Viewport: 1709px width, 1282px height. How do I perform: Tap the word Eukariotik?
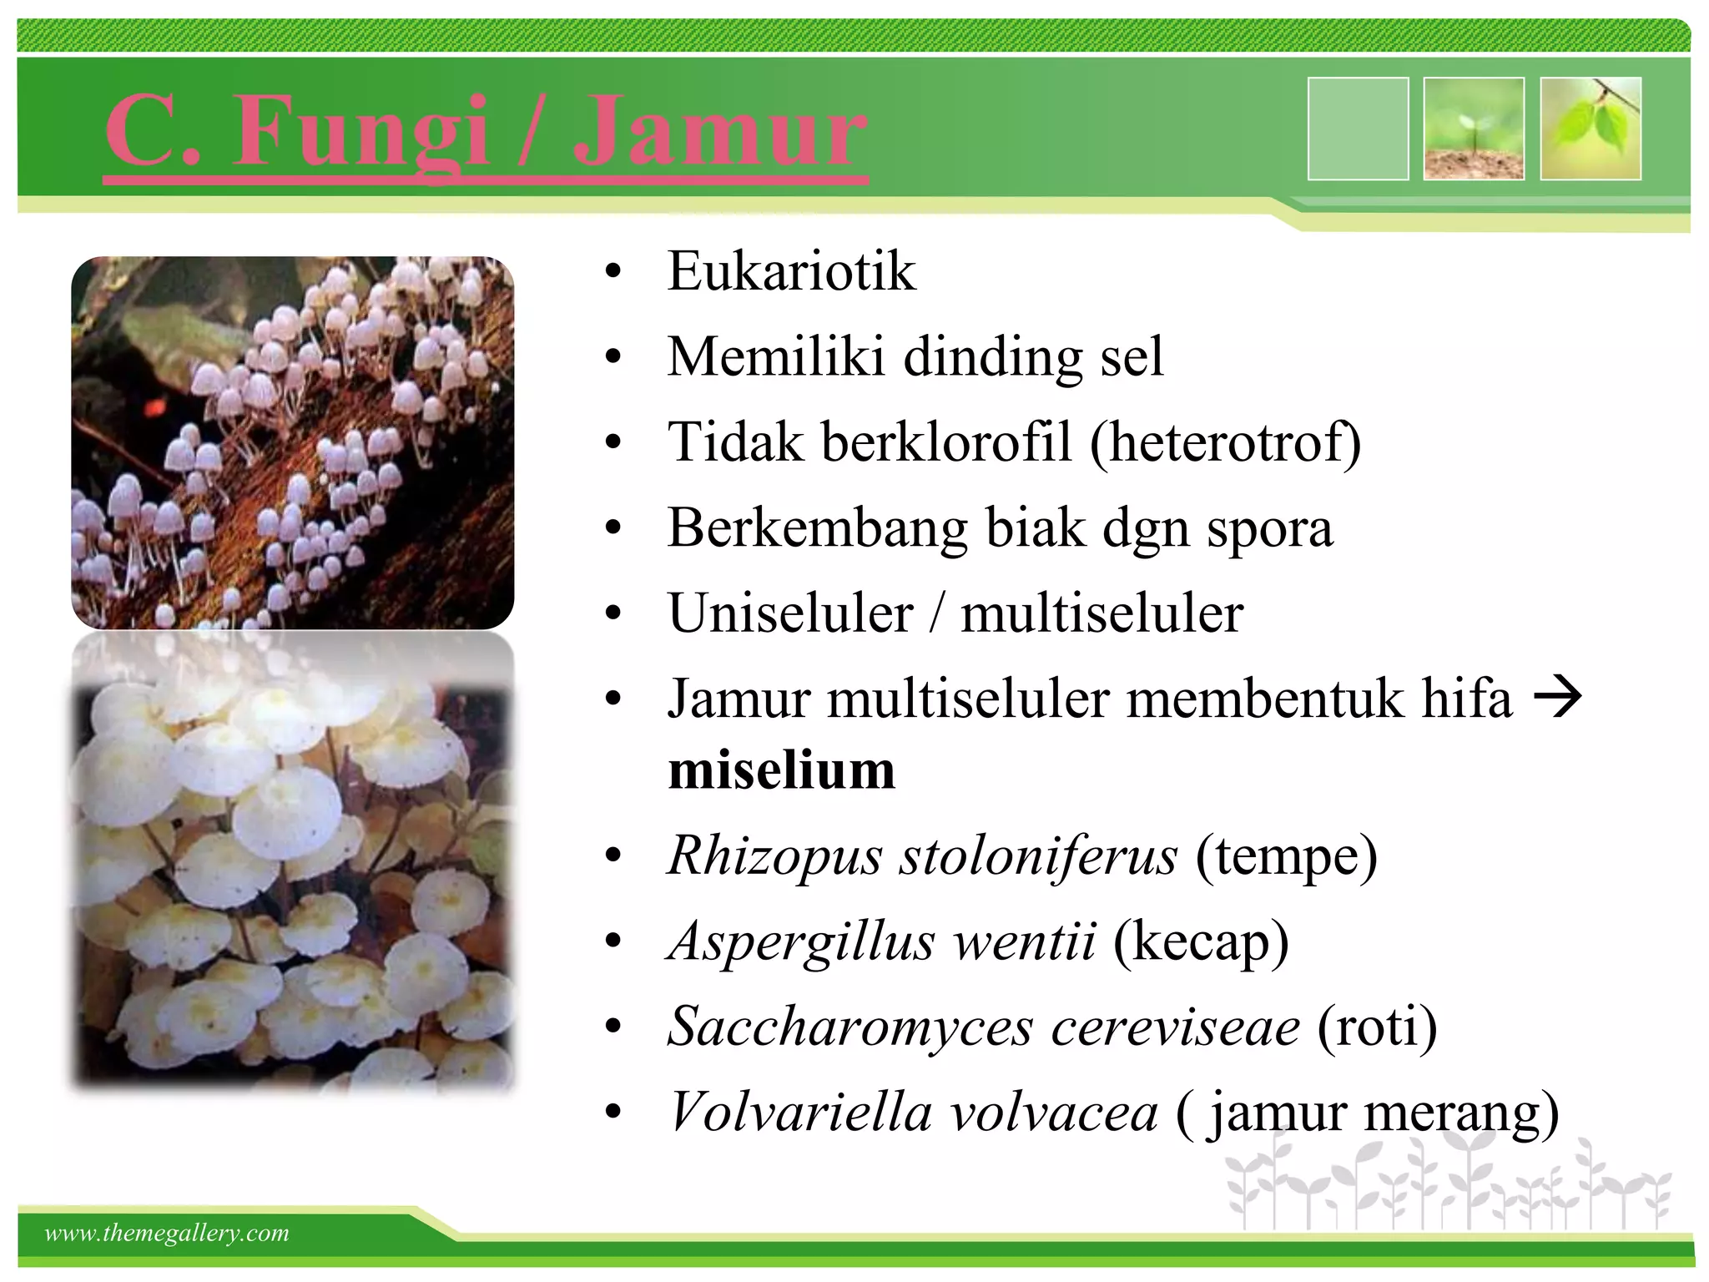791,271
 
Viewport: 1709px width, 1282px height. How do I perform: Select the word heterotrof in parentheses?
1225,442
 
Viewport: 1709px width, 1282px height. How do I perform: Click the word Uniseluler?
790,613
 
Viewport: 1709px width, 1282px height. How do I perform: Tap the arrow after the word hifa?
1557,697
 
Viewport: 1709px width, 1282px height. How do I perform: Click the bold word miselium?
781,770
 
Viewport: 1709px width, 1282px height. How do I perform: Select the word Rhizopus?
774,856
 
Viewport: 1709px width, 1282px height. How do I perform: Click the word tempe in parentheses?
1286,856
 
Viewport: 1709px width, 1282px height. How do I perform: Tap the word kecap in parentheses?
1201,941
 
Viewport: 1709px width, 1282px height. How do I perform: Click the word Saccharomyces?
850,1027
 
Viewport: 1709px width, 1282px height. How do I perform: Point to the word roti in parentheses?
1377,1027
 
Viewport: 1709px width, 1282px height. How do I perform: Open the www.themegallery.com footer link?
167,1233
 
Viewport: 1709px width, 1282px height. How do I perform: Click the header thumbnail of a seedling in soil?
1474,129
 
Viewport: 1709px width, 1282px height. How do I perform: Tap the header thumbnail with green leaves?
1591,129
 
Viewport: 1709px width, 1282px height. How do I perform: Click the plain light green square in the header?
1358,129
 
